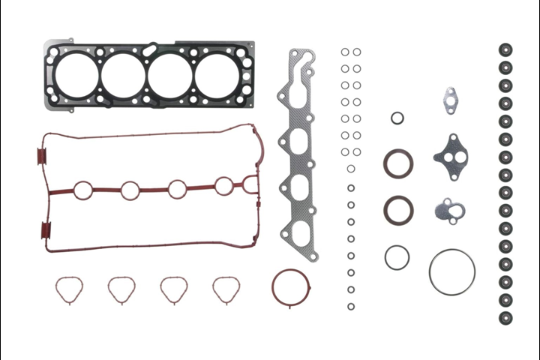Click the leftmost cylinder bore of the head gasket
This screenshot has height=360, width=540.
(x=76, y=73)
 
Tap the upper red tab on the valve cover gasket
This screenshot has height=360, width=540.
(x=41, y=157)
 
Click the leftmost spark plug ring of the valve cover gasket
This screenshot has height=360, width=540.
(x=83, y=190)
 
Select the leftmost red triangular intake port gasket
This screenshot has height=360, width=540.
(x=68, y=290)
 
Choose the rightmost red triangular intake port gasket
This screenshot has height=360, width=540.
(x=226, y=289)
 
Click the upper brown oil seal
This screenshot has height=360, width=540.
(x=398, y=163)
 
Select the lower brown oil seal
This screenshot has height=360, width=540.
(x=397, y=209)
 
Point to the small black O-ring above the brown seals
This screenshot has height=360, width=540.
(x=397, y=118)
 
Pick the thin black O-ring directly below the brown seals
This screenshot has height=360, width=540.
(x=397, y=257)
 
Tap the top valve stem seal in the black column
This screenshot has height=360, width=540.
(x=505, y=51)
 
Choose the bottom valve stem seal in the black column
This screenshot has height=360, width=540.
(x=505, y=316)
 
